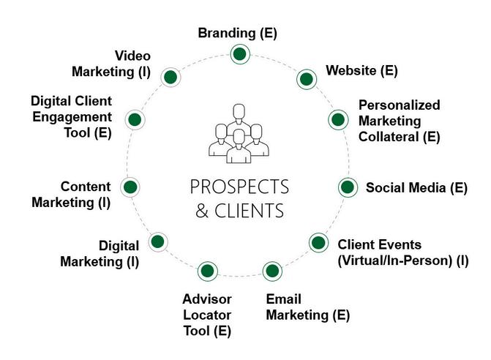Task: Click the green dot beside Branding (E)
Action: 239,53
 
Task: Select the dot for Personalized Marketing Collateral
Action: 337,119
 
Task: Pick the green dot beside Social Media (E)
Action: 347,187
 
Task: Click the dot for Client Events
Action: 318,242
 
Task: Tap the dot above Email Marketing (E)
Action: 272,271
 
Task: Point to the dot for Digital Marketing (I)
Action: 157,241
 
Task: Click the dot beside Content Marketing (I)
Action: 130,187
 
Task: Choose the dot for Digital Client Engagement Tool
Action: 134,119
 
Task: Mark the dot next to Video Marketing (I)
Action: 170,77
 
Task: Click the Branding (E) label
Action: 238,33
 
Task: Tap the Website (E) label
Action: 361,71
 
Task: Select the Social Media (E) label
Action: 416,188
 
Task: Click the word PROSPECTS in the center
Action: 239,187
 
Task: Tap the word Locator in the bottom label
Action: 208,315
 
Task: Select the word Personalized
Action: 399,105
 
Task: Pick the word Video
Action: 133,56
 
